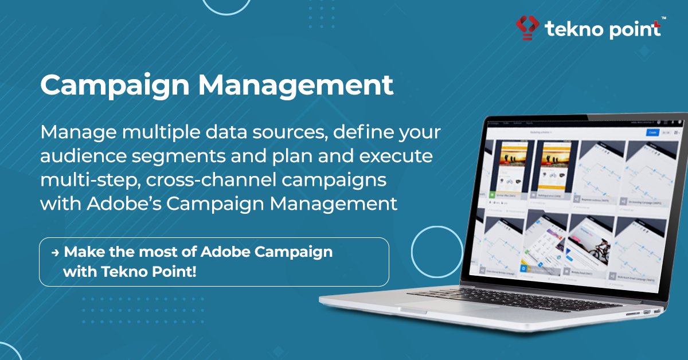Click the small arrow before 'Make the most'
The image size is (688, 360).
tap(55, 252)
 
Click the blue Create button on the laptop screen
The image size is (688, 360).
tap(652, 132)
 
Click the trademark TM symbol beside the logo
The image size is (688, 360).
tap(663, 19)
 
